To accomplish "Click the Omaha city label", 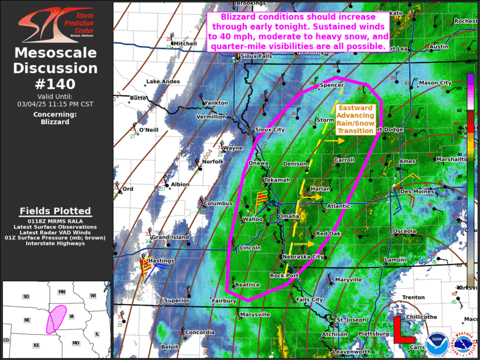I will point(289,217).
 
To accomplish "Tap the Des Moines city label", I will point(417,191).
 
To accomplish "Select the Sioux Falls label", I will point(258,57).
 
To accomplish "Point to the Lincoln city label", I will point(250,248).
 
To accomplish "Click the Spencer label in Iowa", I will point(331,85).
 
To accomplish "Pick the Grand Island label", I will point(170,237).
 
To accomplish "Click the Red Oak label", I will point(328,234).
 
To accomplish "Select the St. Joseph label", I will point(351,320).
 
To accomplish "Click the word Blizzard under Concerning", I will point(56,122).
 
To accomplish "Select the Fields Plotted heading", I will point(56,211).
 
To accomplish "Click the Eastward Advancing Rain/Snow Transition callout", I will point(355,120).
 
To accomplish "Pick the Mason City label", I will point(436,83).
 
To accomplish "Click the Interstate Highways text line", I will point(56,243).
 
